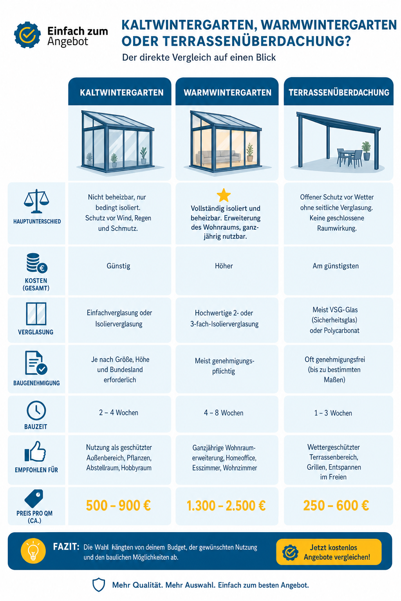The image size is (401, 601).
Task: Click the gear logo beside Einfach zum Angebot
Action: pos(27,35)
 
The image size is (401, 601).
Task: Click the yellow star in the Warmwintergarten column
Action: pos(224,195)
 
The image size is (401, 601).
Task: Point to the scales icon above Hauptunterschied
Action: pos(36,201)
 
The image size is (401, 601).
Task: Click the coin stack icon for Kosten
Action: pos(37,263)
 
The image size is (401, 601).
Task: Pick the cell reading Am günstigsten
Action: pos(336,266)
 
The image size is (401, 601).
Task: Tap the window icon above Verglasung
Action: pos(36,314)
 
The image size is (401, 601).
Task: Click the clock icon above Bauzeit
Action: pos(36,410)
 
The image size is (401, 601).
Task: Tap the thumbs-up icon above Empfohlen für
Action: pos(35,451)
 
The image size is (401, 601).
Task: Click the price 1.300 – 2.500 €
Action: pos(226,506)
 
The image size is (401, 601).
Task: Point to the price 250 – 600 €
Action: pos(336,506)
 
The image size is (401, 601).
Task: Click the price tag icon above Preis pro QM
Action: pos(34,498)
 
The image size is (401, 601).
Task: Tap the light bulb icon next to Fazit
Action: pos(33,551)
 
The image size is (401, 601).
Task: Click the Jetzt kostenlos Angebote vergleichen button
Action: pos(329,552)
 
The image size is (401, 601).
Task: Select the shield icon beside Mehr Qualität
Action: pos(99,585)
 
